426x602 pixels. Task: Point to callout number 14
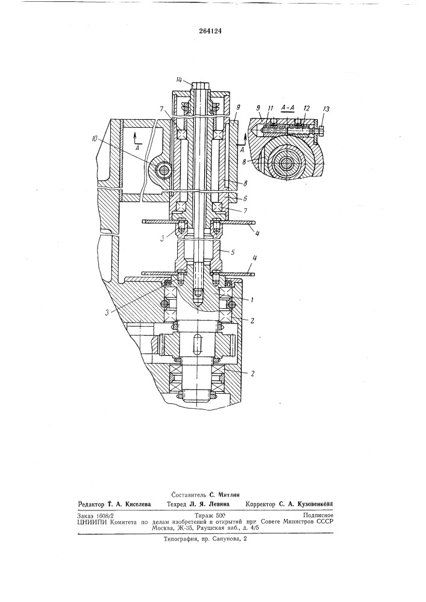click(178, 81)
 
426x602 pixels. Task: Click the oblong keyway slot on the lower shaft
click(196, 349)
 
